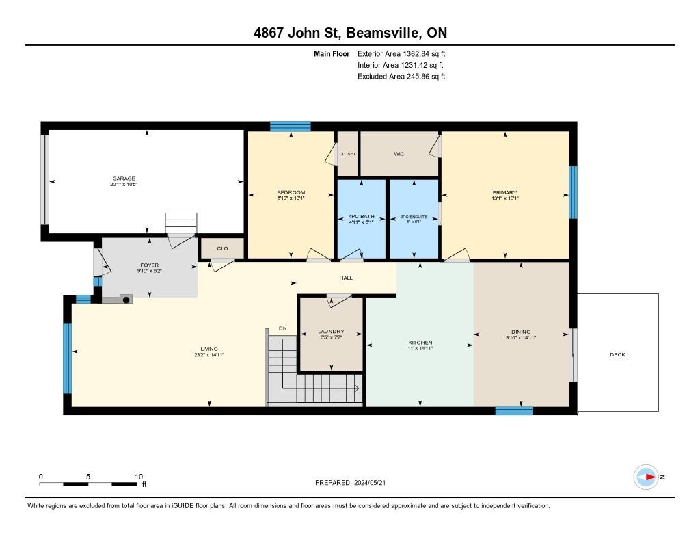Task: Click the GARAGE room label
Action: pyautogui.click(x=124, y=179)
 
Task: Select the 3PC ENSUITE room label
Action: pyautogui.click(x=413, y=217)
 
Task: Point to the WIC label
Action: pyautogui.click(x=399, y=154)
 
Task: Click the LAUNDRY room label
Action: pyautogui.click(x=331, y=331)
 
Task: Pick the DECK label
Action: pyautogui.click(x=617, y=354)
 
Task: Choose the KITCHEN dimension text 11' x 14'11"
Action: pyautogui.click(x=420, y=348)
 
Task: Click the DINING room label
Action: pyautogui.click(x=520, y=332)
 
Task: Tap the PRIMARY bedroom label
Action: pyautogui.click(x=504, y=193)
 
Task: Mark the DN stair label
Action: pyautogui.click(x=283, y=329)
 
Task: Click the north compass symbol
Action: pyautogui.click(x=646, y=477)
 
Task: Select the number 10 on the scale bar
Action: pyautogui.click(x=139, y=477)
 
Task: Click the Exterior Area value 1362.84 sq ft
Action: pyautogui.click(x=416, y=53)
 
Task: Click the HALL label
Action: pyautogui.click(x=346, y=278)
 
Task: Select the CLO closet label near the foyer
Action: pyautogui.click(x=222, y=248)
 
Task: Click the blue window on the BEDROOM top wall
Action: pyautogui.click(x=291, y=127)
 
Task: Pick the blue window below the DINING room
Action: pyautogui.click(x=514, y=410)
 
